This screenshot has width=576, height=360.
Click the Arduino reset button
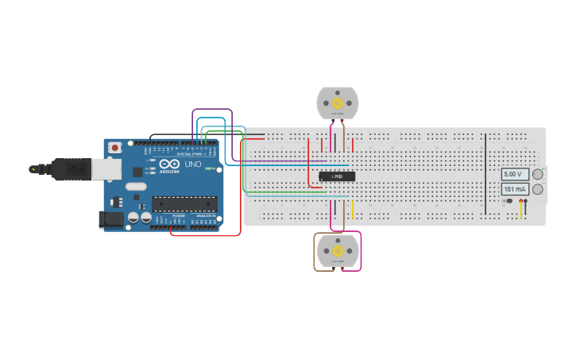tap(115, 147)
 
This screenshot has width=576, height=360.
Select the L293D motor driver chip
tap(337, 176)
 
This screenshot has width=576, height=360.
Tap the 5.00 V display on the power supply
tap(513, 174)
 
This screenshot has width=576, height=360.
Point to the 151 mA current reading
tap(513, 189)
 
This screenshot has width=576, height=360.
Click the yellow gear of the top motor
tap(338, 103)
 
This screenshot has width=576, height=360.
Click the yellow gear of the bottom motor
tap(338, 250)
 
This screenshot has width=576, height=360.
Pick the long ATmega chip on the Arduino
tap(184, 204)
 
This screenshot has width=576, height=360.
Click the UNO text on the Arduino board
tap(193, 165)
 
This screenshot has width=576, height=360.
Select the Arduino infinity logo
tap(169, 164)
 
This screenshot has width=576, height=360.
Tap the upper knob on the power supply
tap(538, 174)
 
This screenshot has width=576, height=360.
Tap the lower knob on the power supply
tap(538, 189)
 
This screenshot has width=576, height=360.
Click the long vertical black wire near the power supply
tap(485, 175)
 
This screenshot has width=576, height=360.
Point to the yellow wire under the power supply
tap(521, 210)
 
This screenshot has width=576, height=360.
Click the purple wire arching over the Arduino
tap(212, 110)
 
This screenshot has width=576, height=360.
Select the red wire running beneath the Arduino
tap(207, 235)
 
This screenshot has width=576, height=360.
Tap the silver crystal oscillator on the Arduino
tap(136, 188)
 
